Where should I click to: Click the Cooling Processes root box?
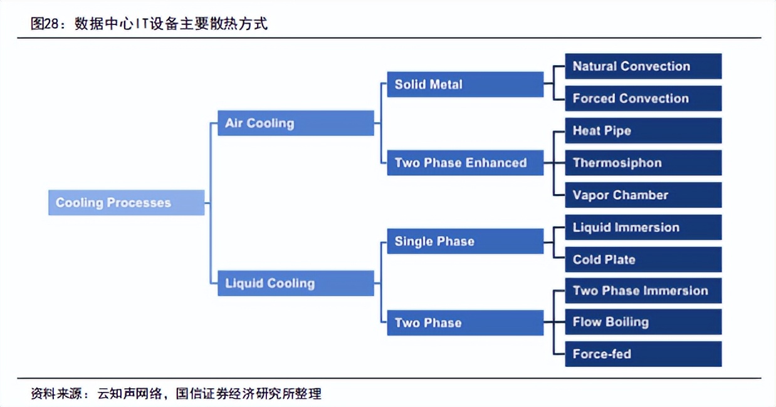[126, 203]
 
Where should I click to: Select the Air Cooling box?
[295, 123]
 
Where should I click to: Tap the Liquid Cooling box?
[295, 283]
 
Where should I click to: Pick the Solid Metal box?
[464, 85]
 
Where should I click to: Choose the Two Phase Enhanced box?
[464, 163]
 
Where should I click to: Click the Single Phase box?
[464, 241]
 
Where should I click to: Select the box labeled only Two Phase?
[464, 323]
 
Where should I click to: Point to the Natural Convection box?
[642, 66]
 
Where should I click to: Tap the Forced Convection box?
[642, 98]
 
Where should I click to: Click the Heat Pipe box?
[642, 131]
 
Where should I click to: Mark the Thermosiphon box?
[642, 163]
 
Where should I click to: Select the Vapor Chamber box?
[642, 195]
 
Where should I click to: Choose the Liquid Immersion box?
[642, 227]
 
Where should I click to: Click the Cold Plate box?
[642, 259]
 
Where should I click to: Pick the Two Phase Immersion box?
[642, 291]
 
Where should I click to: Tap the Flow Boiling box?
[642, 322]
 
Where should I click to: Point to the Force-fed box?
[642, 354]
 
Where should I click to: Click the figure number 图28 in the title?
[48, 24]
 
